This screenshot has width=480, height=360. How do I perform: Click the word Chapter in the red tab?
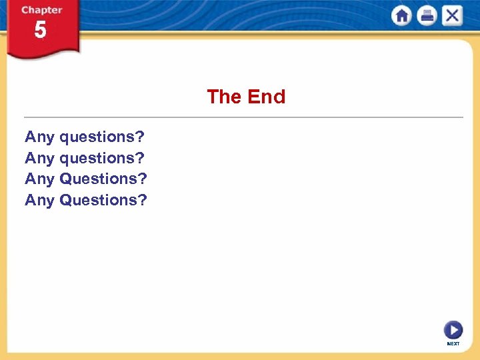pos(41,11)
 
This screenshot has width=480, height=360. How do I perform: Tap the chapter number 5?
pos(41,30)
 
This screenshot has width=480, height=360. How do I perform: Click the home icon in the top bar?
pos(401,16)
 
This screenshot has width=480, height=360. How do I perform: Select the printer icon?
pos(427,16)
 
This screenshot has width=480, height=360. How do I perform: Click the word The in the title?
pos(224,97)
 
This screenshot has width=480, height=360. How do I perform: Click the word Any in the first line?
pos(39,137)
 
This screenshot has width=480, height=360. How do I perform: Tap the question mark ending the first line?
pos(139,137)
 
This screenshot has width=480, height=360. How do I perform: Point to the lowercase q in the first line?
pos(65,138)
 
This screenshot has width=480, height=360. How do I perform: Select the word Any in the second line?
pos(39,159)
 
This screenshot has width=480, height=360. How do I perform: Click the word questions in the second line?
pos(97,159)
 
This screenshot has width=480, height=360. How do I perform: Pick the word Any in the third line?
pos(39,179)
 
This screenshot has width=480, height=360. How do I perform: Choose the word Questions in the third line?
pos(99,179)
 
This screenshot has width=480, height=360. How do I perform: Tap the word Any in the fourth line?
pos(39,200)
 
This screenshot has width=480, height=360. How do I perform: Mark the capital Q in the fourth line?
pos(66,199)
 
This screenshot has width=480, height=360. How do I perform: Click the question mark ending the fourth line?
pos(143,199)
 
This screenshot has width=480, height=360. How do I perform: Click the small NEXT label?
pos(453,344)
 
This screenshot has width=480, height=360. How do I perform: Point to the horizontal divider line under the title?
pos(243,117)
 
